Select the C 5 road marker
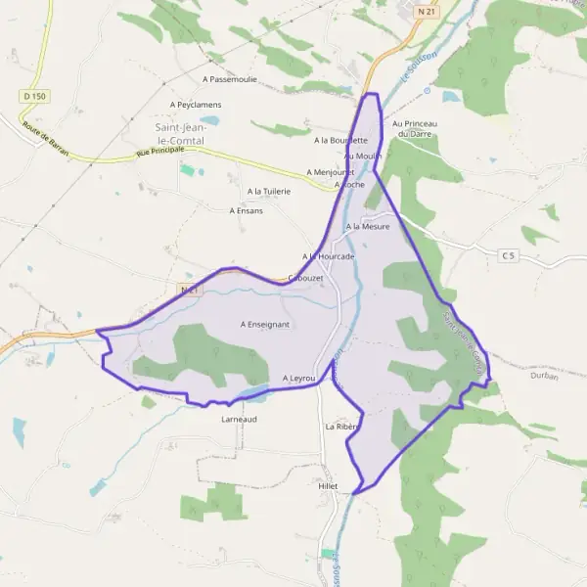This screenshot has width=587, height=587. point(508,255)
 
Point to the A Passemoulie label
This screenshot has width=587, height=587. point(230,78)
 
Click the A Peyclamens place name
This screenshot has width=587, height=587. point(196,104)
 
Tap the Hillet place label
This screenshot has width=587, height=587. point(328,485)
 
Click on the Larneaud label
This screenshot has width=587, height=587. point(240,418)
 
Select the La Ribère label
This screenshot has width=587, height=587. point(342,427)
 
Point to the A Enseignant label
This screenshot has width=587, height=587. point(265,323)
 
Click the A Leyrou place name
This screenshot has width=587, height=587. point(299,378)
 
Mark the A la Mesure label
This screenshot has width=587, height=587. point(368,226)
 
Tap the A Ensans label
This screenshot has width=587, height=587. point(246,210)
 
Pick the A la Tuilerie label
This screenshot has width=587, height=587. point(269,191)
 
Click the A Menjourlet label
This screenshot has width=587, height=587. point(330,172)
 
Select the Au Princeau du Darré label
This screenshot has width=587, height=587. point(413,128)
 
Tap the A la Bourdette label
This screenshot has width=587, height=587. point(340,140)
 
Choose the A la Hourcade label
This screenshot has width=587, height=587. point(328,255)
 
